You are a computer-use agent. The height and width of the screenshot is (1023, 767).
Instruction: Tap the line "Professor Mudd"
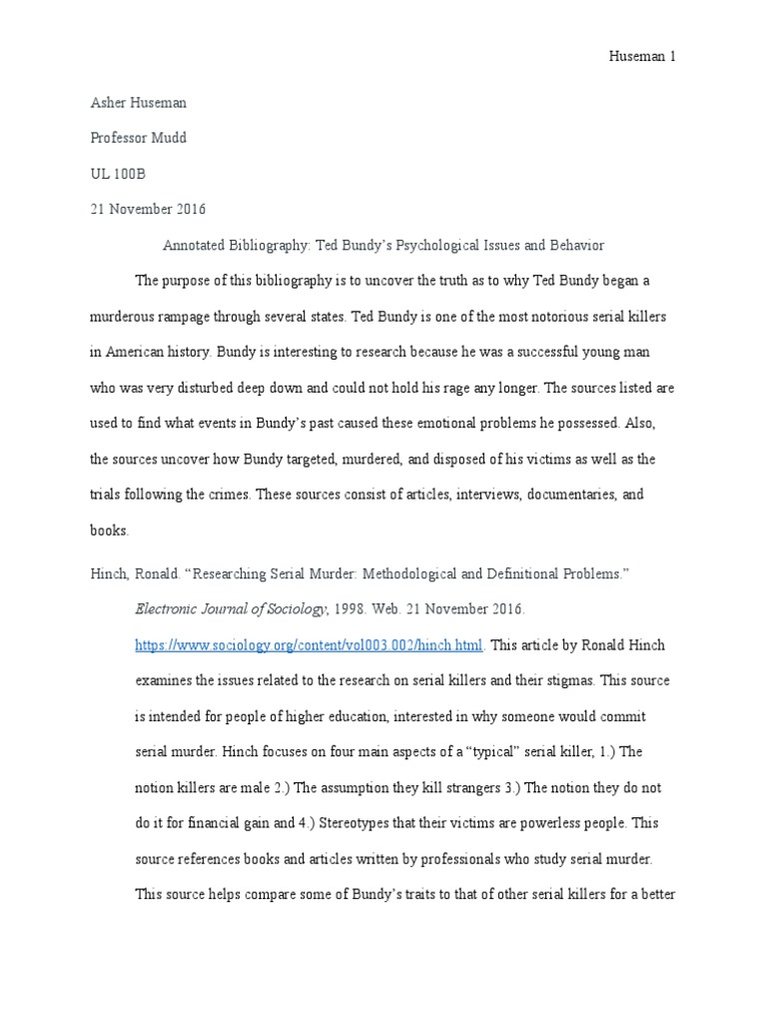click(x=138, y=138)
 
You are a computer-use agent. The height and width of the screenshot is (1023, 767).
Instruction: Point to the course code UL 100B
click(x=118, y=174)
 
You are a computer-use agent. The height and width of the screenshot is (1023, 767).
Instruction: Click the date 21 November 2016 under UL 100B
click(x=148, y=210)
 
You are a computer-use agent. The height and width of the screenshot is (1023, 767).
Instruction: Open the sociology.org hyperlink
click(x=310, y=645)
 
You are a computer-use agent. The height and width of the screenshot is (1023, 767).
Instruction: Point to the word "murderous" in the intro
click(x=127, y=317)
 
